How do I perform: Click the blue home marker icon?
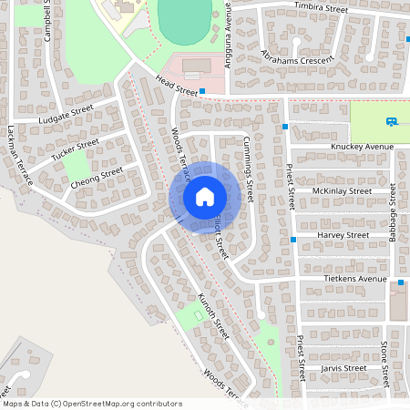205,197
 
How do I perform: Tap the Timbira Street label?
322,7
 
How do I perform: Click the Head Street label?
177,87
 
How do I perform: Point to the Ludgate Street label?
66,114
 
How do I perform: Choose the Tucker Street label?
75,150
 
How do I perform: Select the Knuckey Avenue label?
362,147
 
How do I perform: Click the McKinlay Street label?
342,191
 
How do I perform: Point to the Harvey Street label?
343,235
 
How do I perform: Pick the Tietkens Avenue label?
355,279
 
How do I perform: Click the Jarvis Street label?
343,368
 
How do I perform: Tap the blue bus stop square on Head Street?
202,92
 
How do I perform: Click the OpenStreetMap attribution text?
91,404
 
